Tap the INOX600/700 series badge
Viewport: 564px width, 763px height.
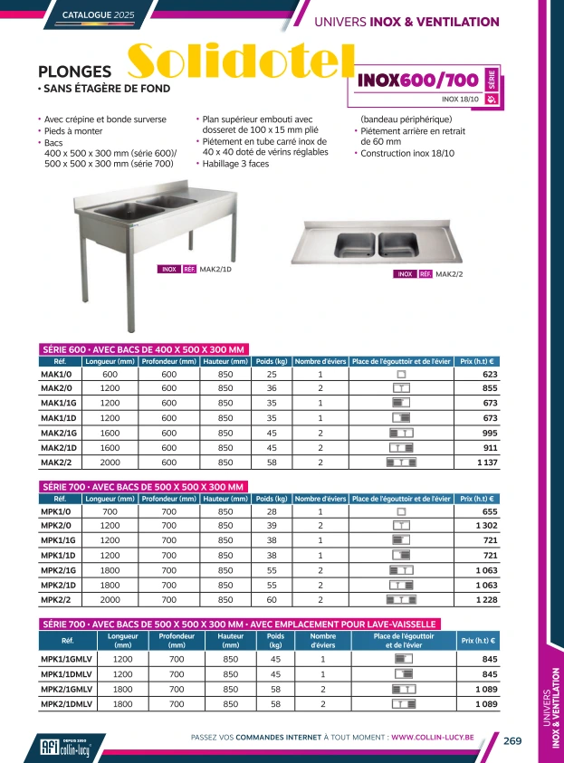tap(419, 80)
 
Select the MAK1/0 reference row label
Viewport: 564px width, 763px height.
tap(57, 374)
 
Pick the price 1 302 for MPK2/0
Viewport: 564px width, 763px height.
tap(486, 525)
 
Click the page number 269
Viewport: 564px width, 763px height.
tap(512, 740)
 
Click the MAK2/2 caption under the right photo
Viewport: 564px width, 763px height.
tap(449, 274)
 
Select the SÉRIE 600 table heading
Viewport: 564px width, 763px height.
tap(145, 349)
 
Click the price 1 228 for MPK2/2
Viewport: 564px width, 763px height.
tap(486, 599)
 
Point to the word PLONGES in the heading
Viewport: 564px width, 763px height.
tap(75, 72)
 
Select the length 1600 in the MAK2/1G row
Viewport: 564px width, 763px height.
tap(110, 433)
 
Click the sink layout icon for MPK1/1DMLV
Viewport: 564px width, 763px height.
tap(403, 674)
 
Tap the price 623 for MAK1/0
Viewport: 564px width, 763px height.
tap(490, 374)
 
